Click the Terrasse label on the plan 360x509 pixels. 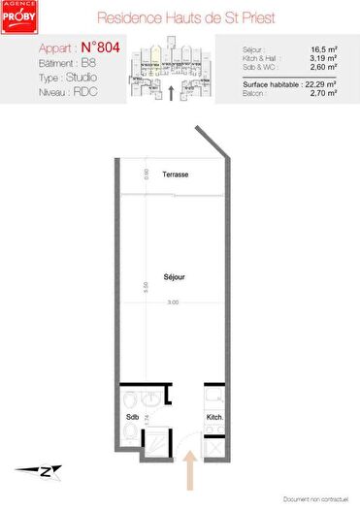(x=177, y=175)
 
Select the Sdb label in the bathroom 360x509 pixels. (x=133, y=419)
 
